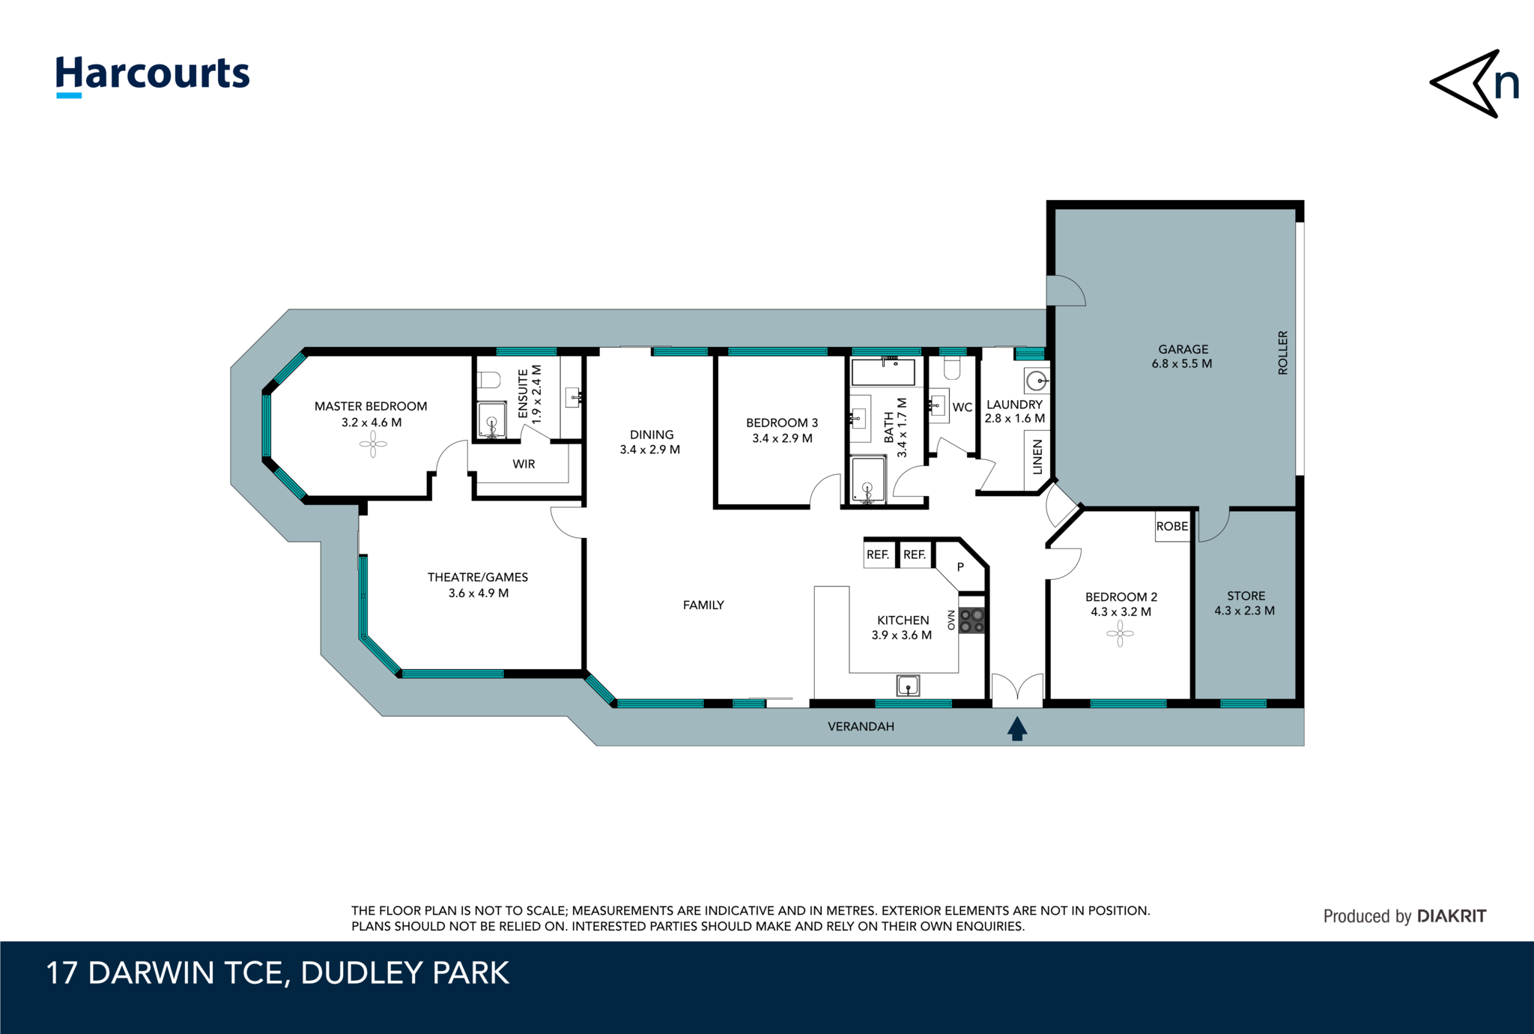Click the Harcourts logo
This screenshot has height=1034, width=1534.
(x=153, y=75)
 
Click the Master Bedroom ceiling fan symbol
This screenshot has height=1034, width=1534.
(x=372, y=445)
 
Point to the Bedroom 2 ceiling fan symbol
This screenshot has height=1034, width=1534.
(x=1120, y=634)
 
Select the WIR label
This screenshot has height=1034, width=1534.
(x=524, y=465)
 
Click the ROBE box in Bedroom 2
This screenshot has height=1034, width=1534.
(x=1172, y=527)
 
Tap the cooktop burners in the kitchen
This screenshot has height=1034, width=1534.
(x=971, y=620)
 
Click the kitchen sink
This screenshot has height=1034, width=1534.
(x=908, y=685)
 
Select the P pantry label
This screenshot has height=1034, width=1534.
(x=960, y=568)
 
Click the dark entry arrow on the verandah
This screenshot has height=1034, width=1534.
(x=1016, y=728)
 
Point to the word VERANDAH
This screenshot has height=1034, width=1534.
(x=861, y=727)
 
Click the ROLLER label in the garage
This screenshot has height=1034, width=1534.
(x=1282, y=353)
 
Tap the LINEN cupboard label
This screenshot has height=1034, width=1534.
(x=1037, y=457)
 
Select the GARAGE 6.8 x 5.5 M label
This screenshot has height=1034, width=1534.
(x=1182, y=357)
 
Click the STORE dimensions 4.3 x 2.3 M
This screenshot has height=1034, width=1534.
(x=1244, y=611)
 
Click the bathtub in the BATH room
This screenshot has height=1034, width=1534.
(x=883, y=372)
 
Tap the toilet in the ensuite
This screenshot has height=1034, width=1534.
(x=489, y=380)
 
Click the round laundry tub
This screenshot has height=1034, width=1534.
(x=1037, y=381)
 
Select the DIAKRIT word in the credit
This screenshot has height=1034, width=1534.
(x=1451, y=916)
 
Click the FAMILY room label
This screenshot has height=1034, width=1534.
(x=703, y=605)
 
